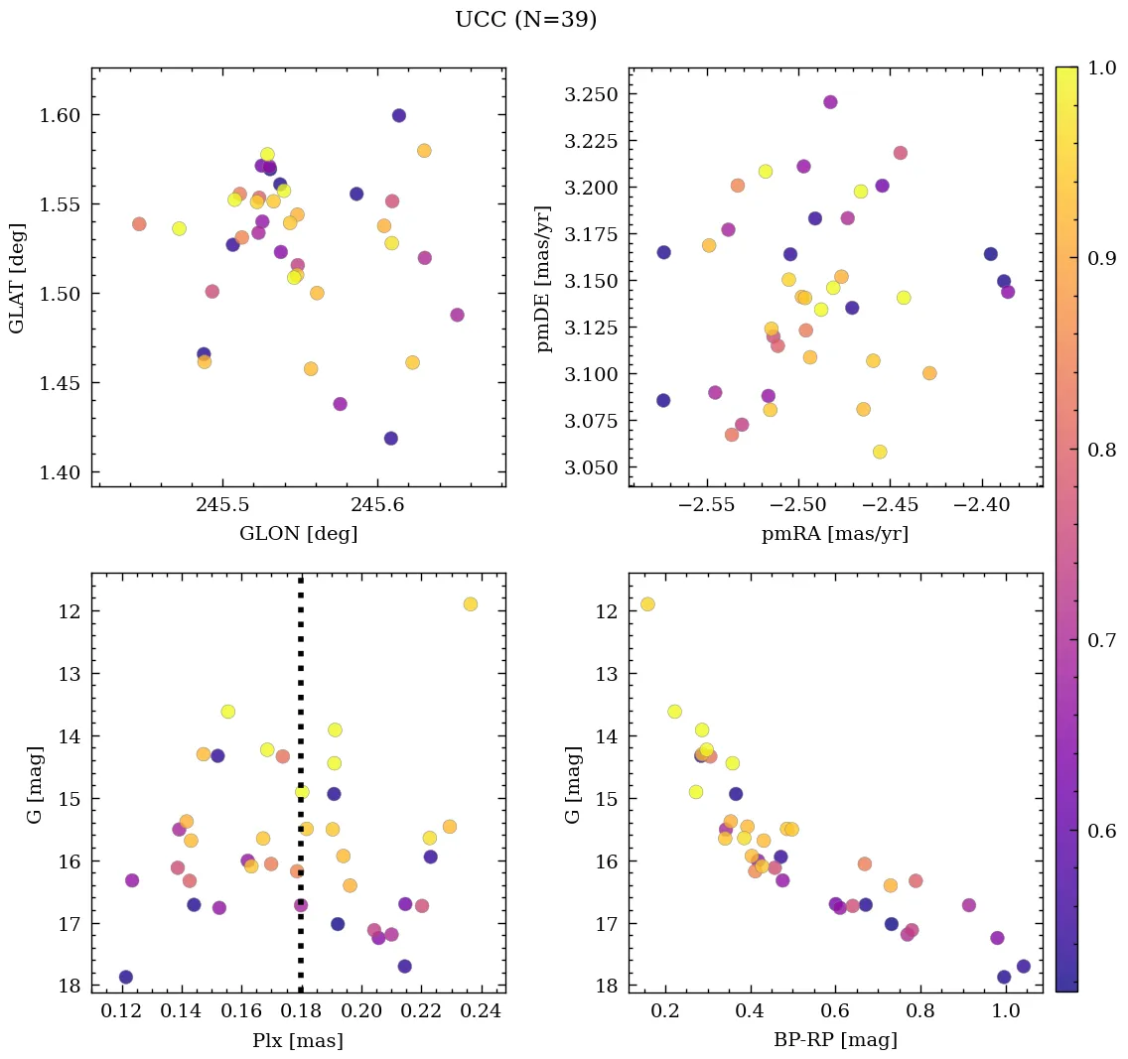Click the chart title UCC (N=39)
525,20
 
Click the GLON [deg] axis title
298,534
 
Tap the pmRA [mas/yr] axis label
834,534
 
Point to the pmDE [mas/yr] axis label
543,277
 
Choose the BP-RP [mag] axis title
834,1040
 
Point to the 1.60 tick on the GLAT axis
61,115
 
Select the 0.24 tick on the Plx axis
482,1012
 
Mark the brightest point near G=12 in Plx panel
470,604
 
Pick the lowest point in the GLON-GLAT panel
390,439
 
